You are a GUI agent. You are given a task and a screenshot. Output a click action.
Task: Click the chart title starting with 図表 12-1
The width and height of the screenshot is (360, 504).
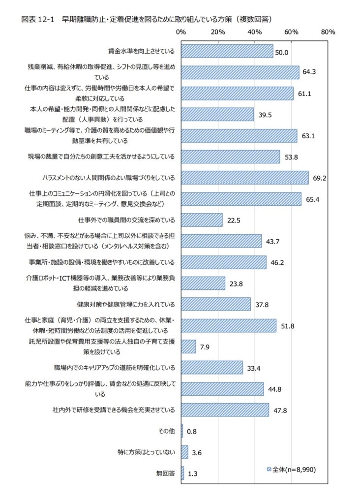tap(147, 20)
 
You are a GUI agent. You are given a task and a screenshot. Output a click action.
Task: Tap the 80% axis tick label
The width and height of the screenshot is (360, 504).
tap(328, 32)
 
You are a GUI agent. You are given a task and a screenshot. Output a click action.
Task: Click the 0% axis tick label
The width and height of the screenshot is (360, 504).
tap(180, 32)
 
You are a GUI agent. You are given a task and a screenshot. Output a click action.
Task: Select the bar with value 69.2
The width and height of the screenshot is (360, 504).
tap(244, 178)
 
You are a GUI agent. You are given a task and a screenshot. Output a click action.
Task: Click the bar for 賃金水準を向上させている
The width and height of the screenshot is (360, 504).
tap(227, 51)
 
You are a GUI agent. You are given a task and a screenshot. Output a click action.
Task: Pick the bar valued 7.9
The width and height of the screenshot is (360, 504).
tap(188, 346)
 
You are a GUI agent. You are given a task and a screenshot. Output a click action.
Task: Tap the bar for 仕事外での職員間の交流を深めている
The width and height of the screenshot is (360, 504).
tap(202, 220)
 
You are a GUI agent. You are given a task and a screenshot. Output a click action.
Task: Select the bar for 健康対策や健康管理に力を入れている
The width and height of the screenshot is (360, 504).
tap(215, 304)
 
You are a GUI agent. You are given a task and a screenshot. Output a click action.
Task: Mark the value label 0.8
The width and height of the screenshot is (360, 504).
tap(192, 432)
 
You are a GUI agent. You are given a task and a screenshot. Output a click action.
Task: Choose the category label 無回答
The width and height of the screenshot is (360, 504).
tap(165, 473)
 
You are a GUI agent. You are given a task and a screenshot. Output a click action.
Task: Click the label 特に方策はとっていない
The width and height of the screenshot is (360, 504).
tap(146, 452)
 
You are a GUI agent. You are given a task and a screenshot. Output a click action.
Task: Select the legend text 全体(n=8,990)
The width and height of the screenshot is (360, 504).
tap(294, 469)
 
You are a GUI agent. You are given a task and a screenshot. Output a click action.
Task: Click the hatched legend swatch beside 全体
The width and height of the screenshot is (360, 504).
tap(269, 469)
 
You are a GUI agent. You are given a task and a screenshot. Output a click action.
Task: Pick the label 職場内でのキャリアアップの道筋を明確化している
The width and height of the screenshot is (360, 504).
tap(115, 368)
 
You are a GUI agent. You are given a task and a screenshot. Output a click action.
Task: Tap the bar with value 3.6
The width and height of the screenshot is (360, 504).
tap(184, 452)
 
